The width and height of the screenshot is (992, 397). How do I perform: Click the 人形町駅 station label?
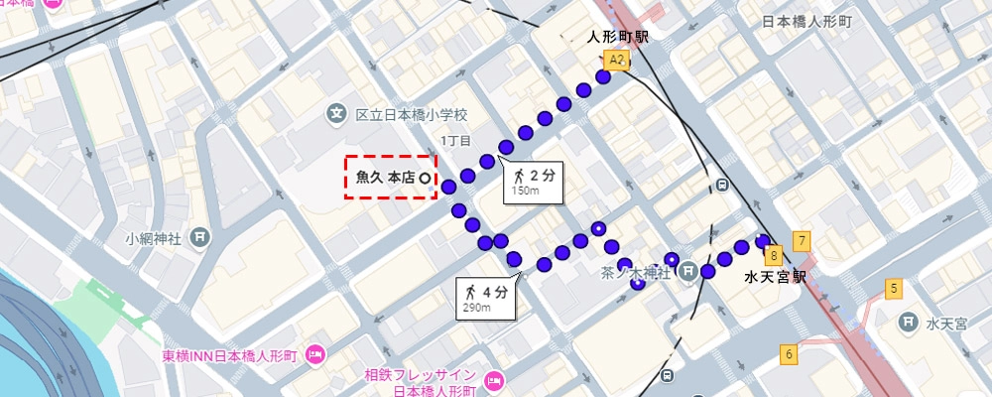(618, 38)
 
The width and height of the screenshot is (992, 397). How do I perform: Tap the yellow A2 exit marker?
(616, 61)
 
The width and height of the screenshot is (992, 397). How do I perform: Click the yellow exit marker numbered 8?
(774, 255)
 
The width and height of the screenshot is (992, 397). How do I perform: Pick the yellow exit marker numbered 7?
(801, 239)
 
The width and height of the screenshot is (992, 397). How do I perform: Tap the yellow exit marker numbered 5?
(894, 290)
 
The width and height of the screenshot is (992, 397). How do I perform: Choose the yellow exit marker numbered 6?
(790, 353)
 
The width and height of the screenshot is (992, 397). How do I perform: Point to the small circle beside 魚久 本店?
(426, 178)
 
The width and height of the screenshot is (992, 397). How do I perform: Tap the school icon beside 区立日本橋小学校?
(337, 115)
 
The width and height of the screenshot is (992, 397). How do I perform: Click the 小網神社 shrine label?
(152, 238)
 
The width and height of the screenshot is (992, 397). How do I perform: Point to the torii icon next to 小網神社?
(200, 237)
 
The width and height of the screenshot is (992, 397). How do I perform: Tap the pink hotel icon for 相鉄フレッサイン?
(493, 380)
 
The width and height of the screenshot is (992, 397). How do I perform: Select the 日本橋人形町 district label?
(807, 21)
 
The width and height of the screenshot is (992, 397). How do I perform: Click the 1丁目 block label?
(456, 141)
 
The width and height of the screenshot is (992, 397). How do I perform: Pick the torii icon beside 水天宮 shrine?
(907, 323)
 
